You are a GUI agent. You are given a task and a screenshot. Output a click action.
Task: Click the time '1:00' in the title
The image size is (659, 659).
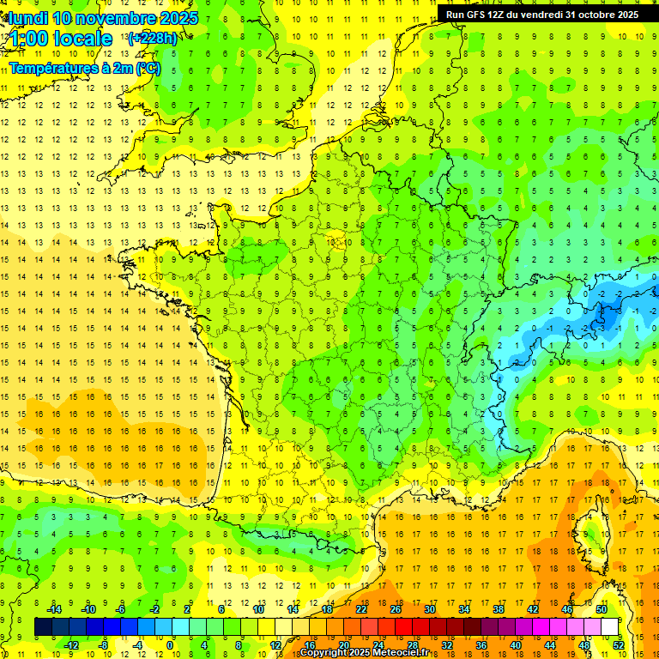tap(27, 39)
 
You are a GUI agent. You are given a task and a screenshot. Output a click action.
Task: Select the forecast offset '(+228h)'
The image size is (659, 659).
tap(152, 38)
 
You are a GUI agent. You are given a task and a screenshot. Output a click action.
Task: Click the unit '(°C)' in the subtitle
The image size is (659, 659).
tap(146, 68)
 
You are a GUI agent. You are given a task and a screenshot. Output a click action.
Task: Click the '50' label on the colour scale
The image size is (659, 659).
tap(602, 609)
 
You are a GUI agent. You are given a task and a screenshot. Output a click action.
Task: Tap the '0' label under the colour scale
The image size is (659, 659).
tap(170, 645)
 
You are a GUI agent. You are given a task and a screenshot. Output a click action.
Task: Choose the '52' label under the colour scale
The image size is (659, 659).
tap(619, 645)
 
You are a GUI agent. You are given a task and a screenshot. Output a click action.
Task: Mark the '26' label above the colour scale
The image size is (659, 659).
tap(396, 609)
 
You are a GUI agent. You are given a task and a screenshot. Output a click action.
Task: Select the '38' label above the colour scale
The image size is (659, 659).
tap(499, 609)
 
